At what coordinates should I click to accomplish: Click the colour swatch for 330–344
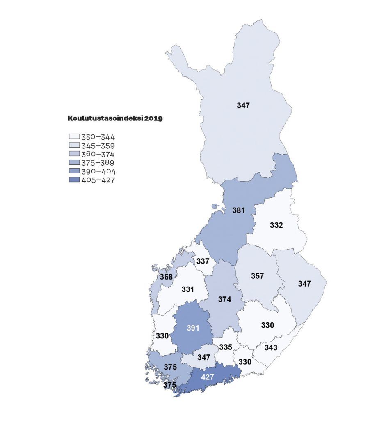74,137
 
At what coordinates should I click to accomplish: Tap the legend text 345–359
98,146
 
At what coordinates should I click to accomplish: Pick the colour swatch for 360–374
74,154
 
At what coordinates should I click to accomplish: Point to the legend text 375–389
98,163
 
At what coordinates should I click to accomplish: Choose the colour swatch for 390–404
74,171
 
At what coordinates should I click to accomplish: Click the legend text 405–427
98,180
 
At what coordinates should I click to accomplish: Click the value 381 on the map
238,210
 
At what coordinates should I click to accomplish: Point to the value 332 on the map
276,225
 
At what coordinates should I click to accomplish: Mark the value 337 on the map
203,261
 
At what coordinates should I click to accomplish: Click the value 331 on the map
187,289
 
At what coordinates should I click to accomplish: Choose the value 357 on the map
257,275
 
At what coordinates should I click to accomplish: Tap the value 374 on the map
224,300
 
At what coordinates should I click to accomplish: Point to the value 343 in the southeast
271,347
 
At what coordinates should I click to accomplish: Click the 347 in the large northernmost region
243,106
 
